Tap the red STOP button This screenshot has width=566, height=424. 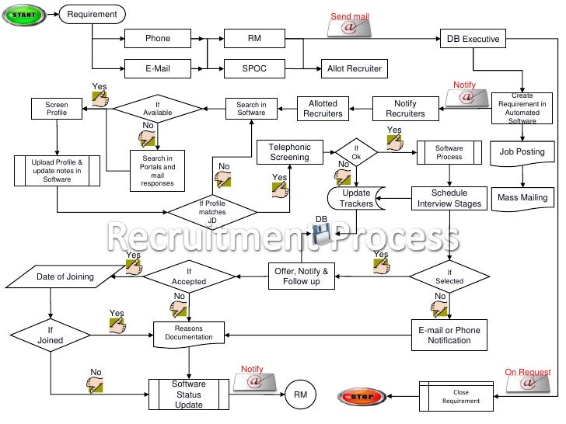point(361,397)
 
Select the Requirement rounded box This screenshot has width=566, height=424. point(93,14)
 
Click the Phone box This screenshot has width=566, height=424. point(158,38)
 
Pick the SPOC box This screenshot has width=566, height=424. point(254,68)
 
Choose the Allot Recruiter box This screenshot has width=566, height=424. point(353,68)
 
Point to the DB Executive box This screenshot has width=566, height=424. point(473,38)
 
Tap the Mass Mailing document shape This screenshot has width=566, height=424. point(522,198)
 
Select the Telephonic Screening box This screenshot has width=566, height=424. point(289,151)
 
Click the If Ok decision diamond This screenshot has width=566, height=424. point(356,153)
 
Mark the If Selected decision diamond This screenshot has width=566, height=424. point(449,275)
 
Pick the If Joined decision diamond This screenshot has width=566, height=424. point(51,334)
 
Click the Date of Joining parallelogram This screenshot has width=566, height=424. point(65,276)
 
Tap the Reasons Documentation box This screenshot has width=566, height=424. point(189,332)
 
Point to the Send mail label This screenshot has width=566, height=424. point(350,16)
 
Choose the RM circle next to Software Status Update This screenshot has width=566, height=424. point(300,395)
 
